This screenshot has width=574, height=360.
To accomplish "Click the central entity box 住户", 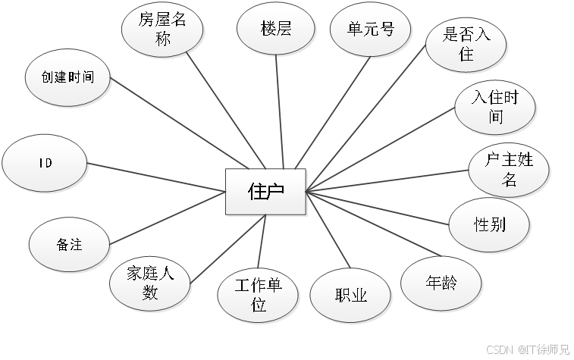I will pos(266,190).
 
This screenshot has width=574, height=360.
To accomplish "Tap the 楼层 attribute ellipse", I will pos(276,30).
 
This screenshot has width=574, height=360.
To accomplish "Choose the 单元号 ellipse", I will pos(372,30).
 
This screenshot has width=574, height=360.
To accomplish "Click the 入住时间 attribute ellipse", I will pos(496,108).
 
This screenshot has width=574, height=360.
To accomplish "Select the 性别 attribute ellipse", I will pos(490,224).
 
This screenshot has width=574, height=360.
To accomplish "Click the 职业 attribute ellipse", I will pos(351,296).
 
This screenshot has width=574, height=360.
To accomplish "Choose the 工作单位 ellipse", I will pos(259,295).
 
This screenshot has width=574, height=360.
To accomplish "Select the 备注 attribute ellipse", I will pos(69,245).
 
